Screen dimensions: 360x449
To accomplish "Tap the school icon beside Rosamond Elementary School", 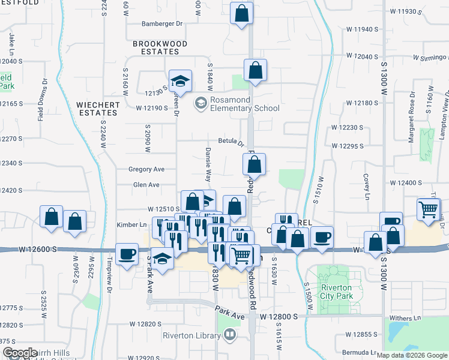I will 199,104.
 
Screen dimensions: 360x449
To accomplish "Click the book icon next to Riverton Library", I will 229,335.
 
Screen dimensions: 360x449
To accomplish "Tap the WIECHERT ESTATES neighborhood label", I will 97,109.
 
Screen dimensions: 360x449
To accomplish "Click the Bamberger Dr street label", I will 161,24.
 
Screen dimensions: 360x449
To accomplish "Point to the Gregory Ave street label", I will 146,169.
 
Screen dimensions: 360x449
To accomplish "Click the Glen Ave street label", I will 146,185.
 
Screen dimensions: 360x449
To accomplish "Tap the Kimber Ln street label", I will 133,224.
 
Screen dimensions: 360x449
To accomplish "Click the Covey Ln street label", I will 366,186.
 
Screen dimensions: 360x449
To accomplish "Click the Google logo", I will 20,353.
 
